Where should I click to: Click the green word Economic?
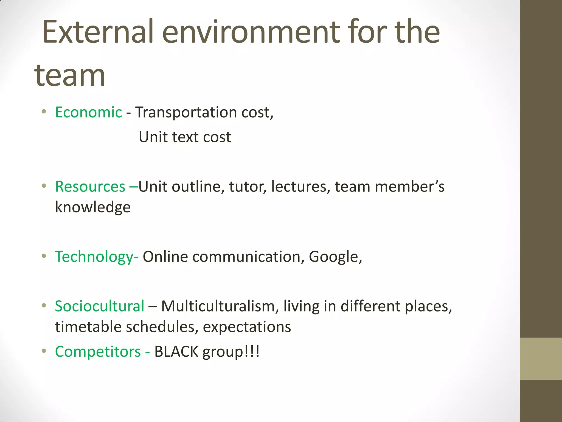88,112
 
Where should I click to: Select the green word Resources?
90,187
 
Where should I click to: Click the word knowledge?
93,207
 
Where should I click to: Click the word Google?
333,257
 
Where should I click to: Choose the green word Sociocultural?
99,306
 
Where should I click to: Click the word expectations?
247,327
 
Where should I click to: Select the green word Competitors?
98,351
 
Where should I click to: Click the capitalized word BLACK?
176,351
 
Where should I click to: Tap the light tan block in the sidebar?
541,359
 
